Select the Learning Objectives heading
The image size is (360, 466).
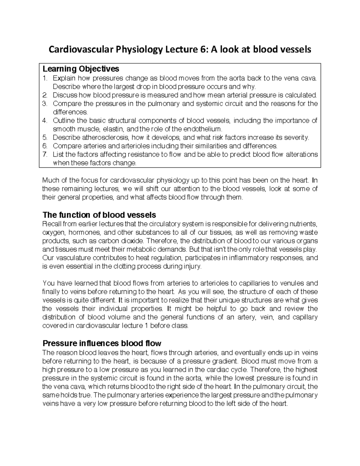81,69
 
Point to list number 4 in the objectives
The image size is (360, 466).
45,121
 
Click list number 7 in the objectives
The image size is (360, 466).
45,155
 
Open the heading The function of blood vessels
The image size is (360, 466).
99,215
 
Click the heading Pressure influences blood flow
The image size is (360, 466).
102,343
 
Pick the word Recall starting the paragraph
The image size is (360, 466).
52,224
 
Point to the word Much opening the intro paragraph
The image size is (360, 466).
50,180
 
